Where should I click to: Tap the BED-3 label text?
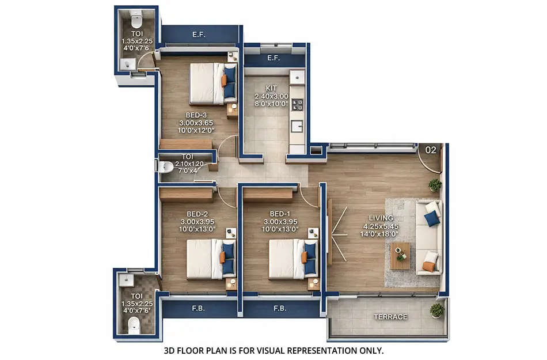196,115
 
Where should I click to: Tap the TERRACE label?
390,317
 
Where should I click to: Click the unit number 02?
430,150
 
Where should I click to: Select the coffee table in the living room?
400,255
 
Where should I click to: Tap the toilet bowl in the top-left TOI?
136,22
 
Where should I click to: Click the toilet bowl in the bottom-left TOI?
134,325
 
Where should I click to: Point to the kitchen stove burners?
298,105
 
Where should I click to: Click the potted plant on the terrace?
437,310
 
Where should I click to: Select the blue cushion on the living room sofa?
430,218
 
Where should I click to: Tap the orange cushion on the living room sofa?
428,266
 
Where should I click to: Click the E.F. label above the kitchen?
273,58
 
